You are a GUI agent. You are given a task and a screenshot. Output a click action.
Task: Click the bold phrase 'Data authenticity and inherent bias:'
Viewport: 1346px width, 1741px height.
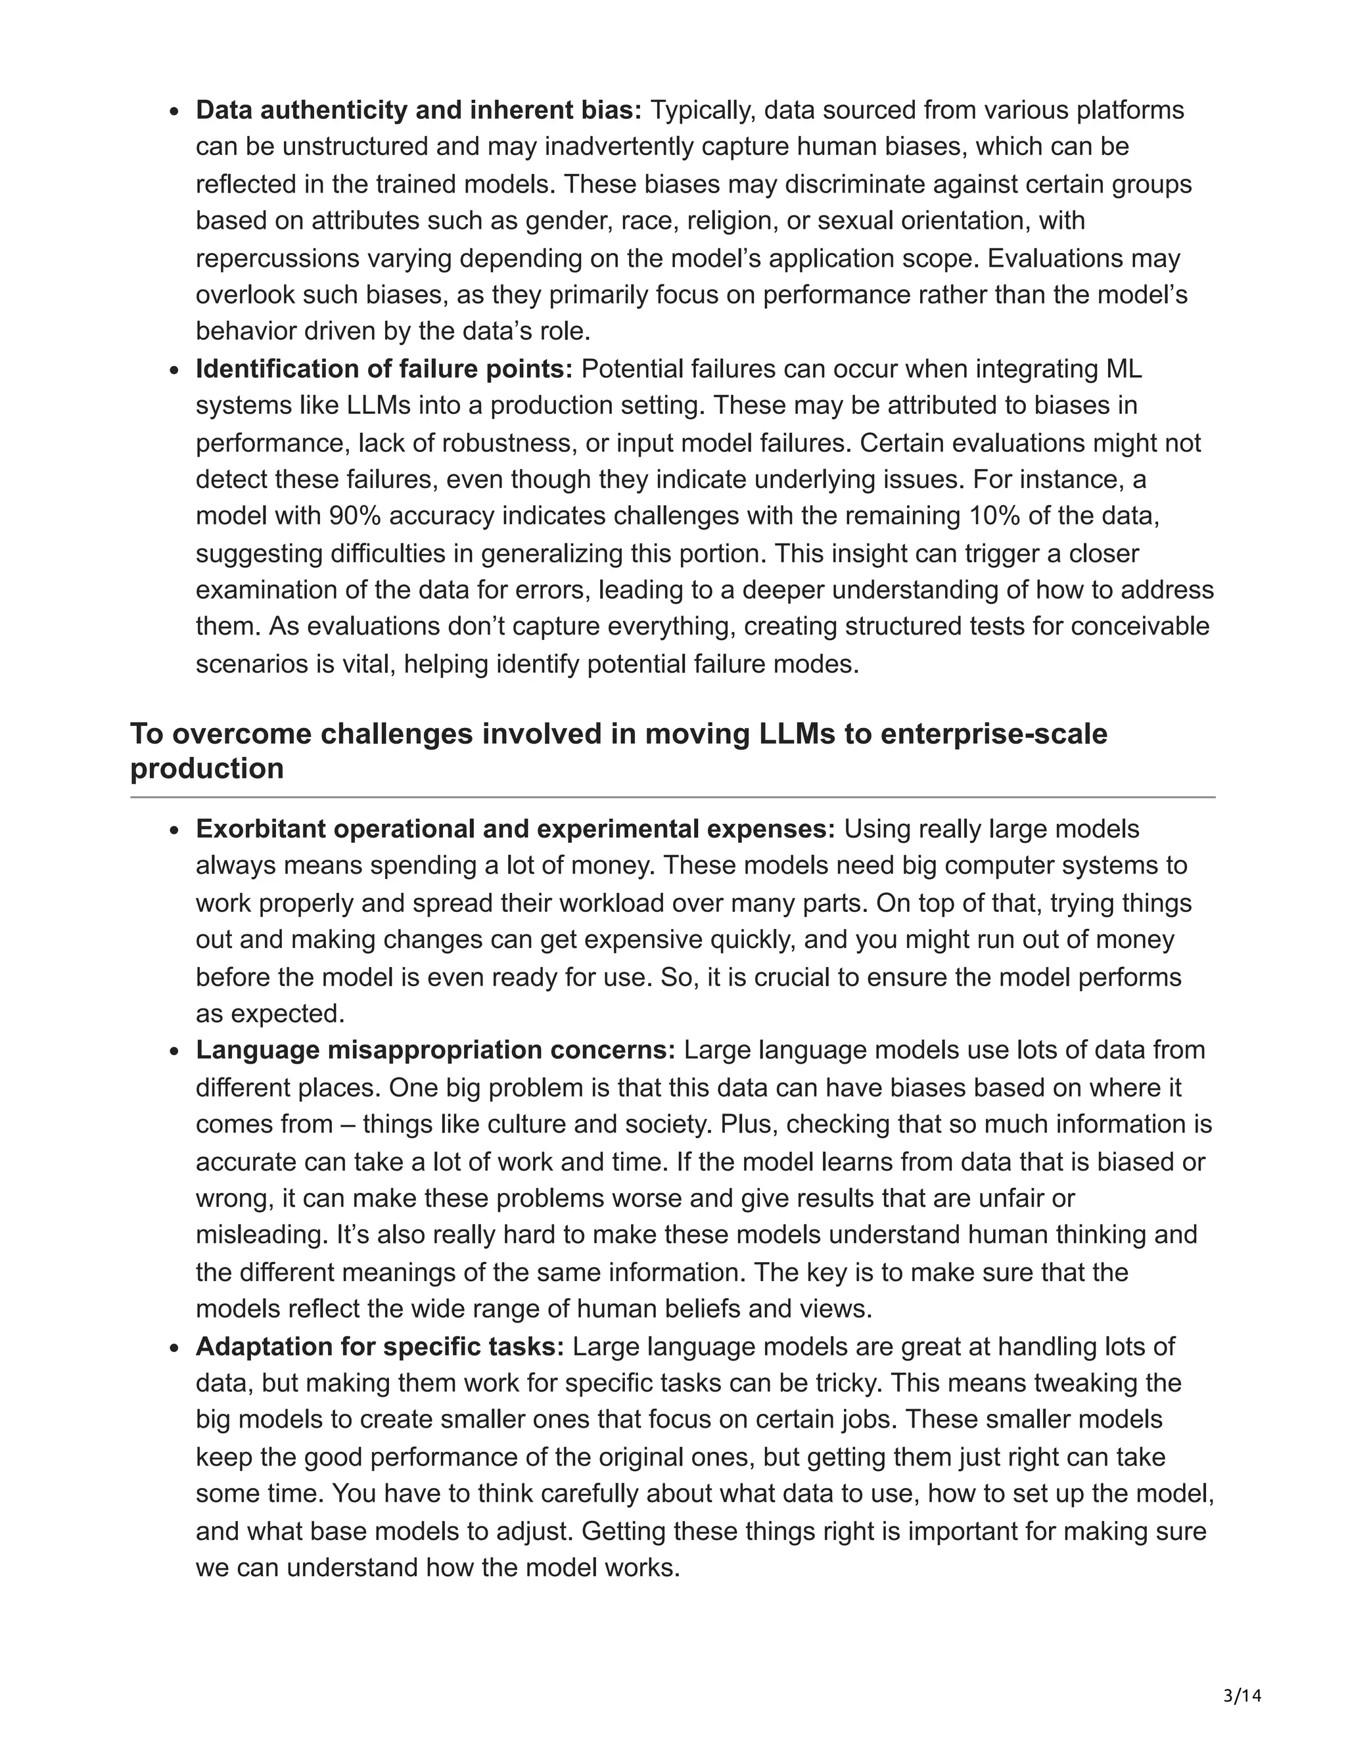[x=419, y=110]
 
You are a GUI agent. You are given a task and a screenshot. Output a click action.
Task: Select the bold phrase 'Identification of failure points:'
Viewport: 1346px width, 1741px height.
[x=384, y=369]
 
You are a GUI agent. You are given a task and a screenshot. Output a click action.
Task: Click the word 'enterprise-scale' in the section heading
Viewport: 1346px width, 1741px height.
[x=994, y=733]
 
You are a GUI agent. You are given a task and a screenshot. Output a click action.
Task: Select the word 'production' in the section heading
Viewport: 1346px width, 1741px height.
[x=206, y=769]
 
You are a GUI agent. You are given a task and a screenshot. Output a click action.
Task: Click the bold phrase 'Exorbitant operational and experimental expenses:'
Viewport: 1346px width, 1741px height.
[x=515, y=829]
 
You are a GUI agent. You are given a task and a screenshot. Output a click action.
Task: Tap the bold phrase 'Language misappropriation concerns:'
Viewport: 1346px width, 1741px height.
[x=435, y=1051]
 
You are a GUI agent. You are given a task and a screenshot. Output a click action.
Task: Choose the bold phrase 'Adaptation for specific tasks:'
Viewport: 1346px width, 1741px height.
[x=380, y=1346]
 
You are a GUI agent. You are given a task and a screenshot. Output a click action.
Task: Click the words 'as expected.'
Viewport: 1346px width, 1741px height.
[x=270, y=1014]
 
